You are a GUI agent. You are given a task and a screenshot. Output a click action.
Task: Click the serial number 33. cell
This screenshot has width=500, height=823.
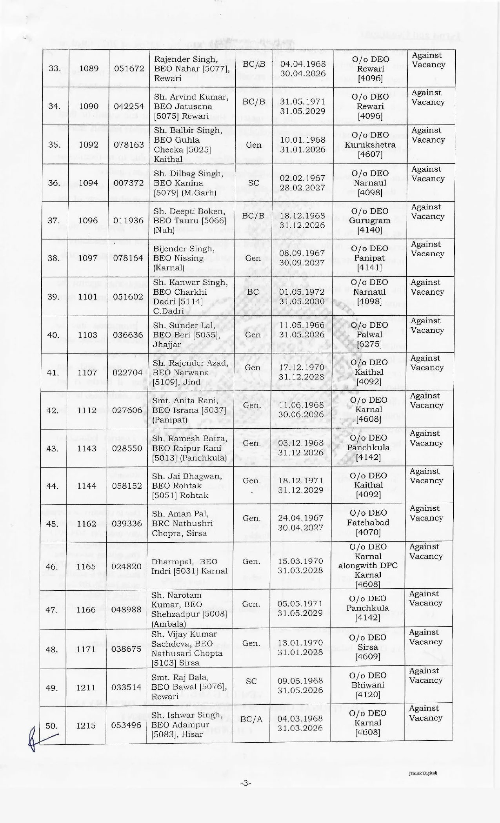pos(54,69)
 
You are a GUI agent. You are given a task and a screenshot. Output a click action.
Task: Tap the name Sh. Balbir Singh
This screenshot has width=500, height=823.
pos(188,130)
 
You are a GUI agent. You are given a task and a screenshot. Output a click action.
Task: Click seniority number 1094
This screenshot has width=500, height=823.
pos(89,183)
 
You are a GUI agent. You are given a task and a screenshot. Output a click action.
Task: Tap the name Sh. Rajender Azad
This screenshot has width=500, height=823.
pos(190,363)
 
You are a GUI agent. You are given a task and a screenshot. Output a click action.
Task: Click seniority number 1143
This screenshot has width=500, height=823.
pos(87,448)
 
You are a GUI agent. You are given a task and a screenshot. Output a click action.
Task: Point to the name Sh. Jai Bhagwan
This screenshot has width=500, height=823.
pos(187,476)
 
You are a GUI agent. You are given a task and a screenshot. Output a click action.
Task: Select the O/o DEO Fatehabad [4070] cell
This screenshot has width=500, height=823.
pos(368,522)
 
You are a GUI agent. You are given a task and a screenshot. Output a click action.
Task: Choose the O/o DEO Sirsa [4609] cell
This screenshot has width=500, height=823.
pos(368,647)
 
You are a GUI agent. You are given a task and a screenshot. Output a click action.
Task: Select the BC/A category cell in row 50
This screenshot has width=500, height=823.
pos(251,719)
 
